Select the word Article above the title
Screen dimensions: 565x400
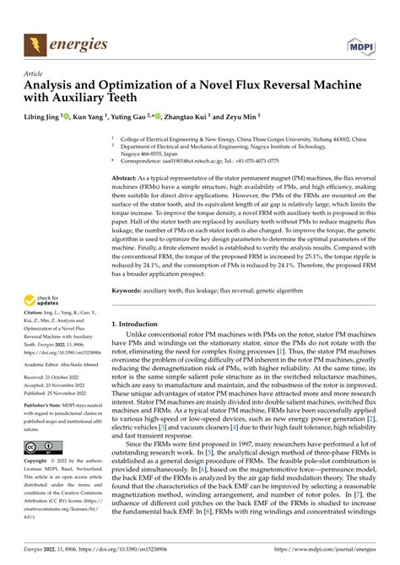pos(34,74)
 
